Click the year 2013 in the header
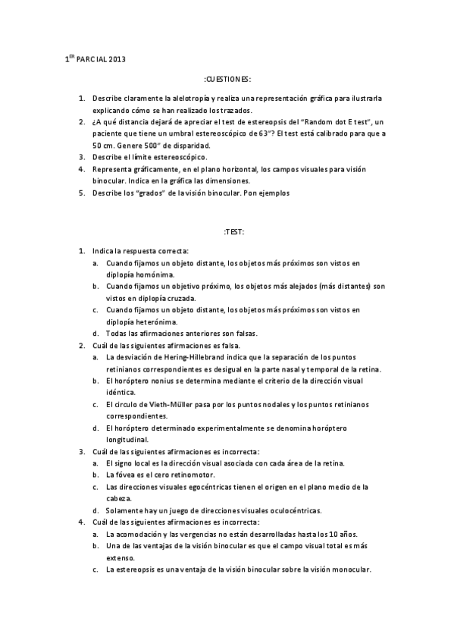pyautogui.click(x=118, y=58)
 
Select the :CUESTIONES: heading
pyautogui.click(x=227, y=79)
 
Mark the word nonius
pyautogui.click(x=158, y=381)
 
